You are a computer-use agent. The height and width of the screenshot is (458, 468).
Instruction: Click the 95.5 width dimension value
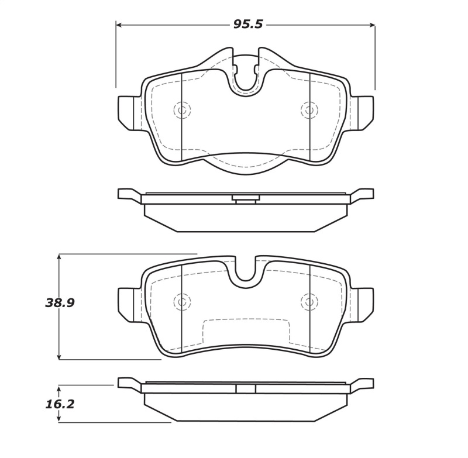(248, 25)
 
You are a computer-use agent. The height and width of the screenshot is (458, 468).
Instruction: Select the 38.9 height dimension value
(60, 303)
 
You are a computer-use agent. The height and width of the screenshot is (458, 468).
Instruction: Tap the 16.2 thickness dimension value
(60, 404)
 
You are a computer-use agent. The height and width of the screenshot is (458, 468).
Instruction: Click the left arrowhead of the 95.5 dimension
(119, 25)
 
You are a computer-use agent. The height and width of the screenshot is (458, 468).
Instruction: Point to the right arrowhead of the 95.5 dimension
(371, 25)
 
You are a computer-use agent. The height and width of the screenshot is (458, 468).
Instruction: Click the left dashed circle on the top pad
(182, 110)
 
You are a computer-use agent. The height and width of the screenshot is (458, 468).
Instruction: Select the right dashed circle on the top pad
(309, 110)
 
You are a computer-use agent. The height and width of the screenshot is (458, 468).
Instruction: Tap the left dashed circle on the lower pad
(182, 302)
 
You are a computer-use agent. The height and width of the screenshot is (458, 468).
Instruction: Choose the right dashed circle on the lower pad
(309, 302)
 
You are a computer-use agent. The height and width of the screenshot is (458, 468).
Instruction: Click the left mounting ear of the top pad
(129, 112)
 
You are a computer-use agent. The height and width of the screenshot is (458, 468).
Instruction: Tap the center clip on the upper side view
(246, 199)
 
